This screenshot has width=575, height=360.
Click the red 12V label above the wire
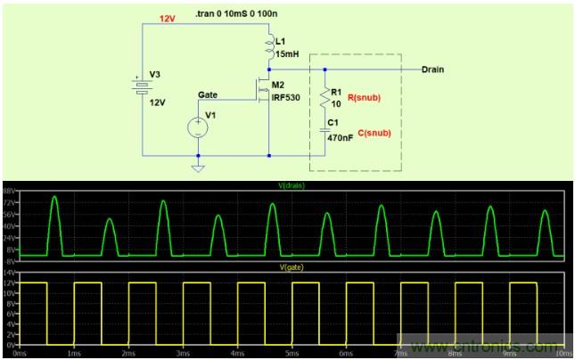tap(168, 18)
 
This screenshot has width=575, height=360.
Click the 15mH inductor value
tap(288, 55)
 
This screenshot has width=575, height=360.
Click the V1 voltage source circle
tap(198, 127)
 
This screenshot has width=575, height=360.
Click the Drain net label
tap(434, 69)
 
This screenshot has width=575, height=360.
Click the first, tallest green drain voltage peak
tap(54, 198)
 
